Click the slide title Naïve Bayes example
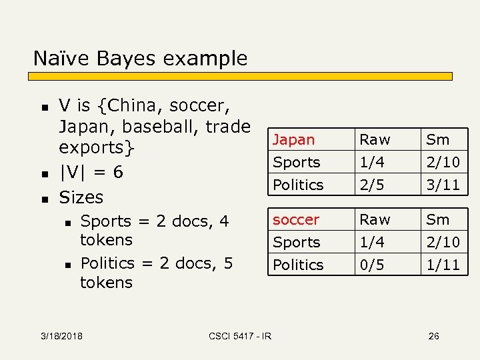click(140, 58)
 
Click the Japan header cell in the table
click(293, 140)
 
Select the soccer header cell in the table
click(296, 219)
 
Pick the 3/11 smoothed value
click(443, 185)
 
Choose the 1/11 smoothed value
click(443, 265)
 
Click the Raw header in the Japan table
click(375, 140)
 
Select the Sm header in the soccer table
click(438, 219)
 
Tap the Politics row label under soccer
click(298, 265)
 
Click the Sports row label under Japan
click(297, 162)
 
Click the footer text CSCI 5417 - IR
click(240, 336)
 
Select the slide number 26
click(433, 336)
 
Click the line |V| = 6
click(91, 172)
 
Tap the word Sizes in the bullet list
click(81, 197)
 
